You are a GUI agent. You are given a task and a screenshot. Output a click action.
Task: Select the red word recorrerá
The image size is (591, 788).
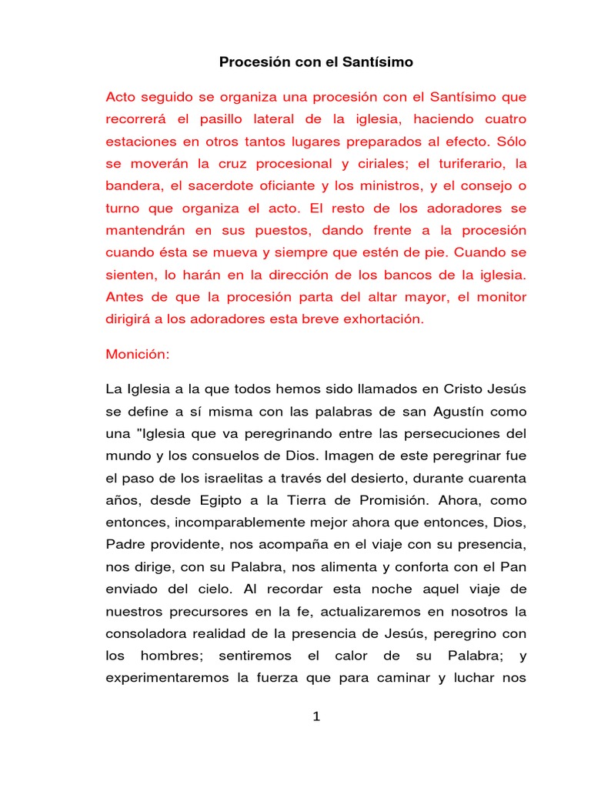137,120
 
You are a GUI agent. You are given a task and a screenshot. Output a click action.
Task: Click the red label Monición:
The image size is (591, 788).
136,357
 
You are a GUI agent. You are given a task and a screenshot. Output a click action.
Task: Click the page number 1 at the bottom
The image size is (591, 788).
316,717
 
